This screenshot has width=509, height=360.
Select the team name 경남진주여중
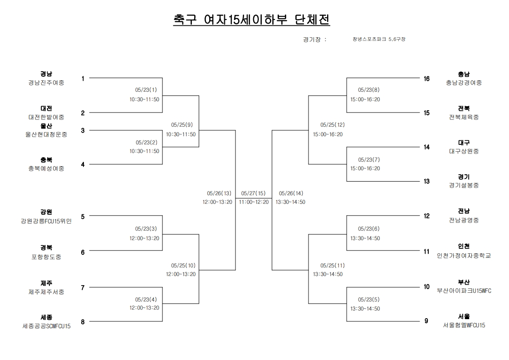point(46,83)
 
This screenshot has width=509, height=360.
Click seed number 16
point(426,79)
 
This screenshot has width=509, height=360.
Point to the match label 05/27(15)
point(254,193)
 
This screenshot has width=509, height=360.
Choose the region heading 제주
point(46,283)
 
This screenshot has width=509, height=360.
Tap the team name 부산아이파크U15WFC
point(464,291)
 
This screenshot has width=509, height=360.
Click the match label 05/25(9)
point(183,124)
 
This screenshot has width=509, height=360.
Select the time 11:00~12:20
point(254,202)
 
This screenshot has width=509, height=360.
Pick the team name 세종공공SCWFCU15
point(46,326)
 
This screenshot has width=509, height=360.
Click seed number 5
point(83,217)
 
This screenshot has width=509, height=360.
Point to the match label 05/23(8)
point(368,90)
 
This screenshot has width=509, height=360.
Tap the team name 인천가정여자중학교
point(464,256)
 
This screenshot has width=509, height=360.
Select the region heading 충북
point(46,160)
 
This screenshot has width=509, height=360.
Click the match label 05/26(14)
point(291,193)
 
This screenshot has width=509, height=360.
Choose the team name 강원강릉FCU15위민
point(46,221)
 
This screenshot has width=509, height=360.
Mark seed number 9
point(426,321)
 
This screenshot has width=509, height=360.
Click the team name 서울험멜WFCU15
point(464,325)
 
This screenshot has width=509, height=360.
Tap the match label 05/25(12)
point(333,124)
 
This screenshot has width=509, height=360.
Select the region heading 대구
point(464,143)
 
